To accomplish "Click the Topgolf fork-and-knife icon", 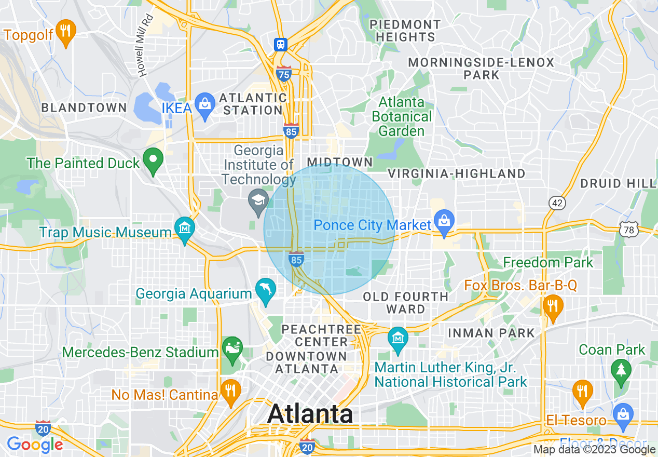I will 65,30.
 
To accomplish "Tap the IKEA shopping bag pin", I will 204,104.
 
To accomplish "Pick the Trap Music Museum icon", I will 184,228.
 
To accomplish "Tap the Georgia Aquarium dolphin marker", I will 266,289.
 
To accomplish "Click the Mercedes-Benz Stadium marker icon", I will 231,347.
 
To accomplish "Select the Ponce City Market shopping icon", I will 444,221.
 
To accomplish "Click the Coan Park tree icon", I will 621,371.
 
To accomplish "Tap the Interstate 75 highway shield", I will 283,74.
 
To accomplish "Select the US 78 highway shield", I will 628,228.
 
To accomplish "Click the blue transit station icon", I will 281,44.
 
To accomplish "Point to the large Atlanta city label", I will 310,414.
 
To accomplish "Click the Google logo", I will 34,445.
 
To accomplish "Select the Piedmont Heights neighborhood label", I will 405,31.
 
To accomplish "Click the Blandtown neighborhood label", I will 84,108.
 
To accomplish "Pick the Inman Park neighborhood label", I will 491,333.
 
